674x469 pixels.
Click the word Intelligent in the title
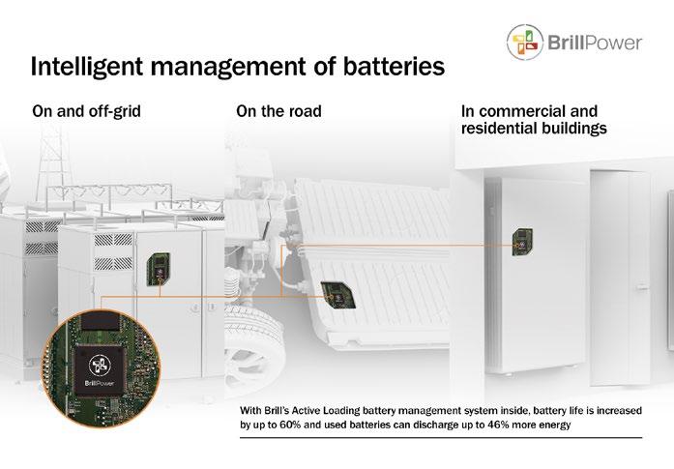[x=85, y=67]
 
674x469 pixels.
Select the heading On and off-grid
[x=87, y=112]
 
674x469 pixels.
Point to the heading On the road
[x=278, y=112]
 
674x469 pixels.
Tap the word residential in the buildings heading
[x=502, y=129]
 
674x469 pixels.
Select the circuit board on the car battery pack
[x=334, y=290]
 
